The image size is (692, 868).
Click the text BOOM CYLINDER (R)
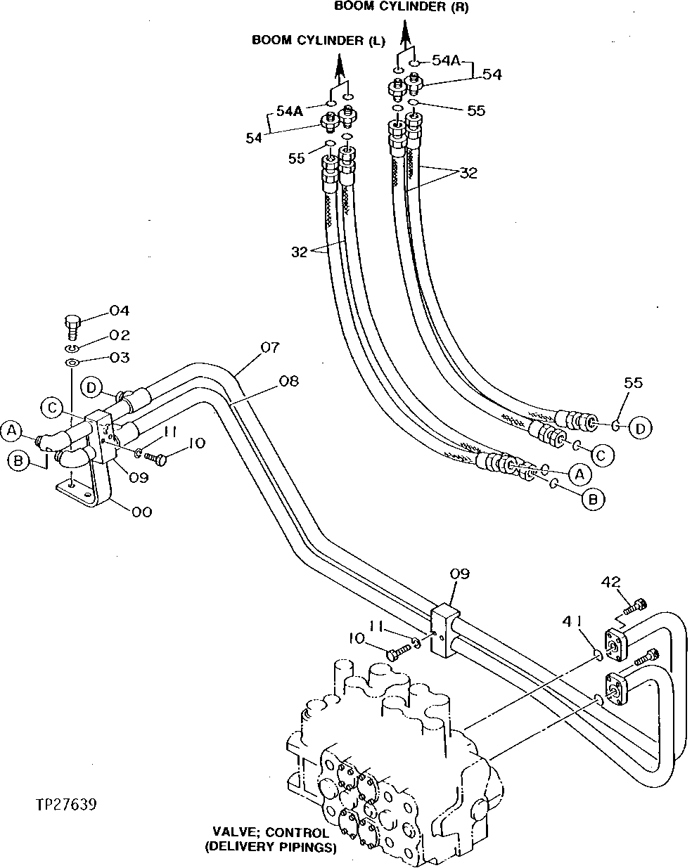tap(400, 7)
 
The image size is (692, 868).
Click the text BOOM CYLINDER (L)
tap(318, 41)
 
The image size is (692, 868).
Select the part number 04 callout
tap(119, 311)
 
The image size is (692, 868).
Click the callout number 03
tap(120, 358)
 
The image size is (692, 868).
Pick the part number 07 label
tap(270, 347)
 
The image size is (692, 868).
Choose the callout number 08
tap(288, 381)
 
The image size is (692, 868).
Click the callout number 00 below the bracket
tap(141, 512)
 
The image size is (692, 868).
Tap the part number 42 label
tap(611, 581)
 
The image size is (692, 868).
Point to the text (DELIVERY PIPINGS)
tap(271, 848)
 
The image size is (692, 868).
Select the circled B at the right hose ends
tap(593, 500)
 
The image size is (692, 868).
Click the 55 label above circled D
tap(633, 383)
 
